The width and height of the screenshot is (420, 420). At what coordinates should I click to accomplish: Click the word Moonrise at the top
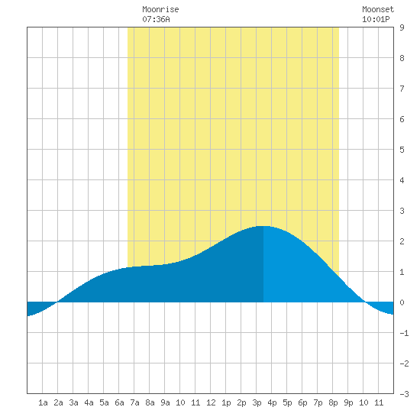tap(160, 9)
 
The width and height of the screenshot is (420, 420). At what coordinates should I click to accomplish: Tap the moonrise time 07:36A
tap(156, 19)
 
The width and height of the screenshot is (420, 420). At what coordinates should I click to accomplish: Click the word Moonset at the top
tap(378, 9)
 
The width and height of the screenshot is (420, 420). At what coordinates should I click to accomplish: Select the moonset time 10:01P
tap(376, 19)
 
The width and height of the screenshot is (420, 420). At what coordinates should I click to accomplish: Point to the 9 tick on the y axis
tap(402, 27)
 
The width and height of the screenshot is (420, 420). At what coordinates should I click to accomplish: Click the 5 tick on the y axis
tap(402, 150)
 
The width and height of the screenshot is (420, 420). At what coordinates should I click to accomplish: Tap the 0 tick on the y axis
tap(402, 302)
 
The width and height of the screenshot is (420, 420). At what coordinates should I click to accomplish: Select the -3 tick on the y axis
tap(404, 394)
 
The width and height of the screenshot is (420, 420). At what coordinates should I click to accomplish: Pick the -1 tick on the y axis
tap(404, 333)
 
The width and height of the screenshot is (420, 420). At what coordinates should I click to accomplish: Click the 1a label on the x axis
tap(43, 402)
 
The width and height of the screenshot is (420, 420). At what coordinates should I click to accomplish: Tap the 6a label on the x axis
tap(119, 402)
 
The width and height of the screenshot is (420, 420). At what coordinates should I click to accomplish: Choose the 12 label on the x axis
tap(211, 402)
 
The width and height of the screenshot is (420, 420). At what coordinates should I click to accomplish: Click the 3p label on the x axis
tap(257, 402)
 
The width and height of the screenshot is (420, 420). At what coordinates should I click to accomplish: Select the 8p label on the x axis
tap(333, 402)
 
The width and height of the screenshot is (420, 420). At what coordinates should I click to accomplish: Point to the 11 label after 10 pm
tap(379, 402)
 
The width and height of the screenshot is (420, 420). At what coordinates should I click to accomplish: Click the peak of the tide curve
tap(263, 226)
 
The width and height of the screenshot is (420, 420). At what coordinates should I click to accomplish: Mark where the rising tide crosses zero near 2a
tap(57, 302)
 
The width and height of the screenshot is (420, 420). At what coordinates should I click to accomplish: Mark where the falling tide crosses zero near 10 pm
tap(365, 302)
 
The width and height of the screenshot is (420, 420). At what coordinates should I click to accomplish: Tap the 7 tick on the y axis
tap(402, 89)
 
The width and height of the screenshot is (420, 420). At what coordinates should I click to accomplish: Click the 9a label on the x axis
tap(165, 402)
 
